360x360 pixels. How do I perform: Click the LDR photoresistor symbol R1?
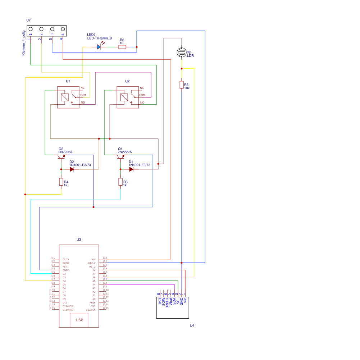pyautogui.click(x=182, y=53)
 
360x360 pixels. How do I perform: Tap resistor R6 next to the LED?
pyautogui.click(x=122, y=47)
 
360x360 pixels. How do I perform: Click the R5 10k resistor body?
pyautogui.click(x=182, y=85)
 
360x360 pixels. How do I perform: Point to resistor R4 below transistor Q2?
pyautogui.click(x=61, y=182)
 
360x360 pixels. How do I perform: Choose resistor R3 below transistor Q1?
pyautogui.click(x=120, y=182)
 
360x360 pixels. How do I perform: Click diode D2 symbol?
pyautogui.click(x=72, y=169)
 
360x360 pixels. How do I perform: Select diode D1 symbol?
pyautogui.click(x=131, y=169)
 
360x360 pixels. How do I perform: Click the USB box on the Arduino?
pyautogui.click(x=79, y=320)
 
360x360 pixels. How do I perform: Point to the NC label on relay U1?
pyautogui.click(x=82, y=88)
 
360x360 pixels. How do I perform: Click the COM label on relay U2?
pyautogui.click(x=142, y=95)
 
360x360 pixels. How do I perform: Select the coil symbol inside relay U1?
pyautogui.click(x=65, y=97)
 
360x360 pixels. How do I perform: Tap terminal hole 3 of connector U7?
pyautogui.click(x=52, y=29)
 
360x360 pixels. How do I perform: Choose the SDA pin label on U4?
pyautogui.click(x=174, y=301)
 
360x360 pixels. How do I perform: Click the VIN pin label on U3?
pyautogui.click(x=94, y=259)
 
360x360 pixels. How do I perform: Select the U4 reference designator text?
pyautogui.click(x=192, y=325)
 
